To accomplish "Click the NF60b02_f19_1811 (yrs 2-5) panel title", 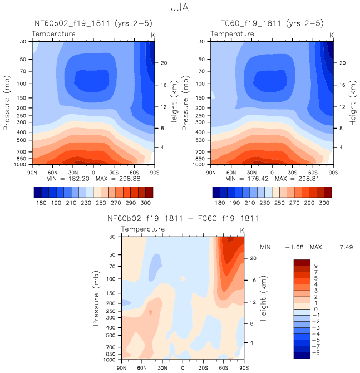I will [x=92, y=24].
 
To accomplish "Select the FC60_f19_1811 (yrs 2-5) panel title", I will [x=272, y=24].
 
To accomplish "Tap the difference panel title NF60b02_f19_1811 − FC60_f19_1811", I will [x=183, y=218].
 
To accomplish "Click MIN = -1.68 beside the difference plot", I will [x=284, y=246].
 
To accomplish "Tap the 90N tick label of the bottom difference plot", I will [x=121, y=367].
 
